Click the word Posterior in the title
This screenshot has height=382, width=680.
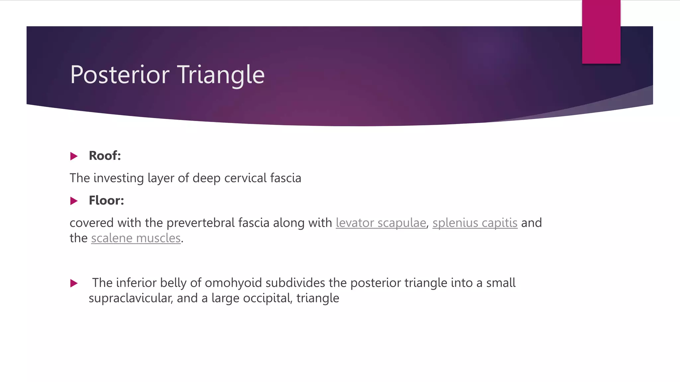point(120,75)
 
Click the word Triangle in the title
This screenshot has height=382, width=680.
point(220,75)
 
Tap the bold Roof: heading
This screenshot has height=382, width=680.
point(105,156)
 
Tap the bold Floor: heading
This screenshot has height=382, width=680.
point(106,200)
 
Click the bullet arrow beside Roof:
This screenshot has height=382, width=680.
point(74,156)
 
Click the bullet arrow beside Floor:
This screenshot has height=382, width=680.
point(74,201)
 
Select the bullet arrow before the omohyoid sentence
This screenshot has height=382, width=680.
point(74,283)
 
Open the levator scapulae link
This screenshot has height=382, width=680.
point(381,223)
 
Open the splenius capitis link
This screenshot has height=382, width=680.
point(475,223)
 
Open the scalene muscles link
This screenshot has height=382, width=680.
point(136,238)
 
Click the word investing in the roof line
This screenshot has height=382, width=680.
point(119,178)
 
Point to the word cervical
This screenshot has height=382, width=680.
point(245,178)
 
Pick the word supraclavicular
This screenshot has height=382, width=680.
point(130,298)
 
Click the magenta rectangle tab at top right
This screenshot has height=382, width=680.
point(601,32)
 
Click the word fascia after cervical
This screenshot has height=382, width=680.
point(286,178)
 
